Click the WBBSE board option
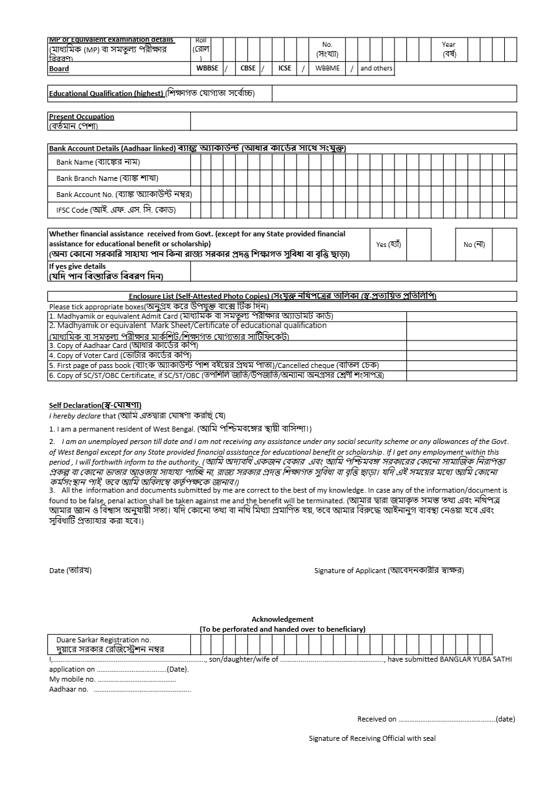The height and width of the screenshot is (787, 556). pos(207,69)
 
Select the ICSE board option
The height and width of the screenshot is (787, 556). pos(284,69)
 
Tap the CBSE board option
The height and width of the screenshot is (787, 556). pos(247,69)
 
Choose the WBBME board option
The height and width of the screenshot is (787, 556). pos(327,69)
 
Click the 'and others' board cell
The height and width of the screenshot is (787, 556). pos(376,69)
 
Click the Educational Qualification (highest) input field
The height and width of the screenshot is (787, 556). pos(394,94)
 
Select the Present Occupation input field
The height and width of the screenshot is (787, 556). pos(353,121)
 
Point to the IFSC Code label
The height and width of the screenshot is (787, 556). pos(115,211)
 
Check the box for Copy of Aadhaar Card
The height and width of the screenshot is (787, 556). pos(461,345)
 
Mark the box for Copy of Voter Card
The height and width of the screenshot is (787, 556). pos(461,355)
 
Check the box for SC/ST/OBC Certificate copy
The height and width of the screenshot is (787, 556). pos(461,376)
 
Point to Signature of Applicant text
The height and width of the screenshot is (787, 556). pos(389,571)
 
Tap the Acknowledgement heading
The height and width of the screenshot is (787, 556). pos(282,619)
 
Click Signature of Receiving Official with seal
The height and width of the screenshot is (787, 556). pos(372,738)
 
